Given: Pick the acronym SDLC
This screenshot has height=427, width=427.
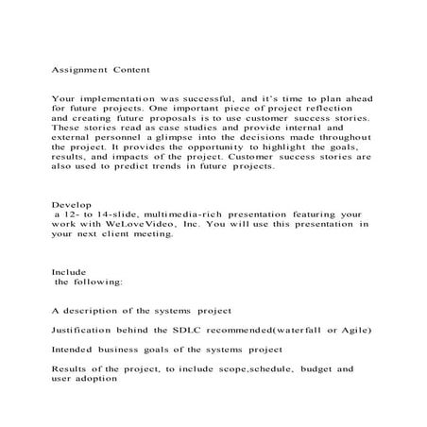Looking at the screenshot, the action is click(191, 331).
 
